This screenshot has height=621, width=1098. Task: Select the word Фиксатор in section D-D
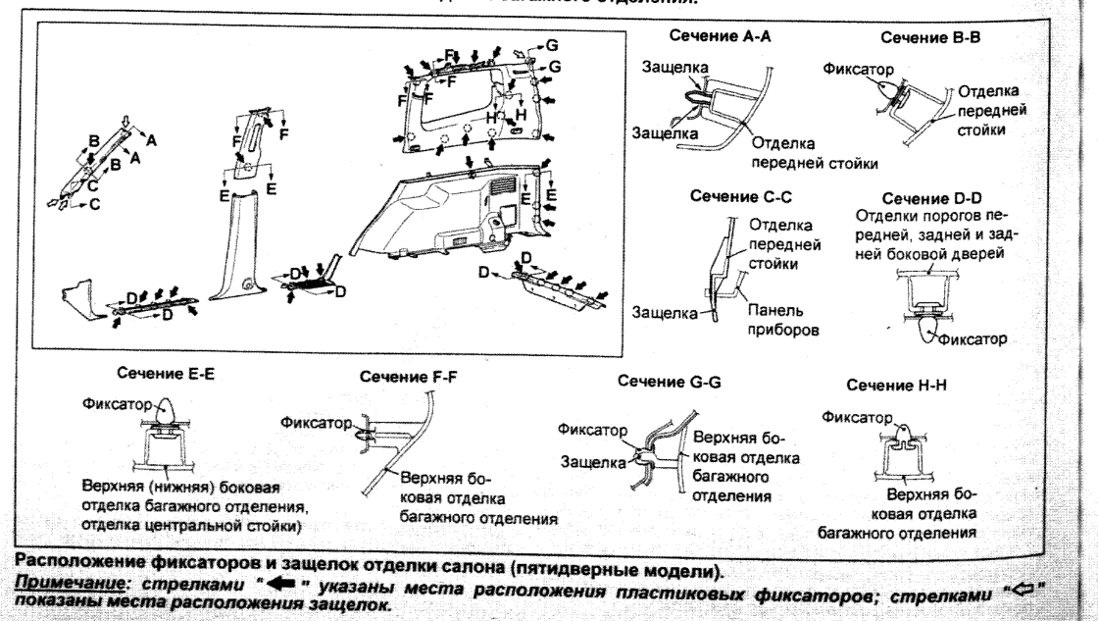coord(973,340)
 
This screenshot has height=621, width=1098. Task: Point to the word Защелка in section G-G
coord(592,459)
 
